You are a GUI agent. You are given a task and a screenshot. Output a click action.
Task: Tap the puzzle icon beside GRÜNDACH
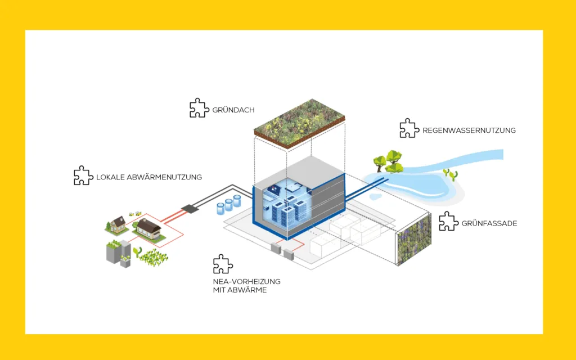(x=199, y=108)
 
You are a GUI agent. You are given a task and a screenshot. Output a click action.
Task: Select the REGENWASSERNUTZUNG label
(x=469, y=130)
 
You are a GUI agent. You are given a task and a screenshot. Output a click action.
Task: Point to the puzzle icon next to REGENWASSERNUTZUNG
(x=409, y=128)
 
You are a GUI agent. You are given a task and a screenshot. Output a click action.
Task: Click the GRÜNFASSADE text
(x=489, y=223)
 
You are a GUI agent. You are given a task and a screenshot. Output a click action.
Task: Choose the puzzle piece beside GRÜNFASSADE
(x=448, y=221)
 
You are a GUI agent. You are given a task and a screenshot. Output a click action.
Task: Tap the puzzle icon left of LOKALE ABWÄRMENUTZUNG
(x=83, y=175)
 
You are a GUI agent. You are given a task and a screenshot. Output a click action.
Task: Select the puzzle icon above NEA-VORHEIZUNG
(x=223, y=264)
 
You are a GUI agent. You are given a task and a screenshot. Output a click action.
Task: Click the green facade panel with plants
(x=414, y=239)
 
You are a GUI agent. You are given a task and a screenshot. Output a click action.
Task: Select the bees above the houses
(x=135, y=214)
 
